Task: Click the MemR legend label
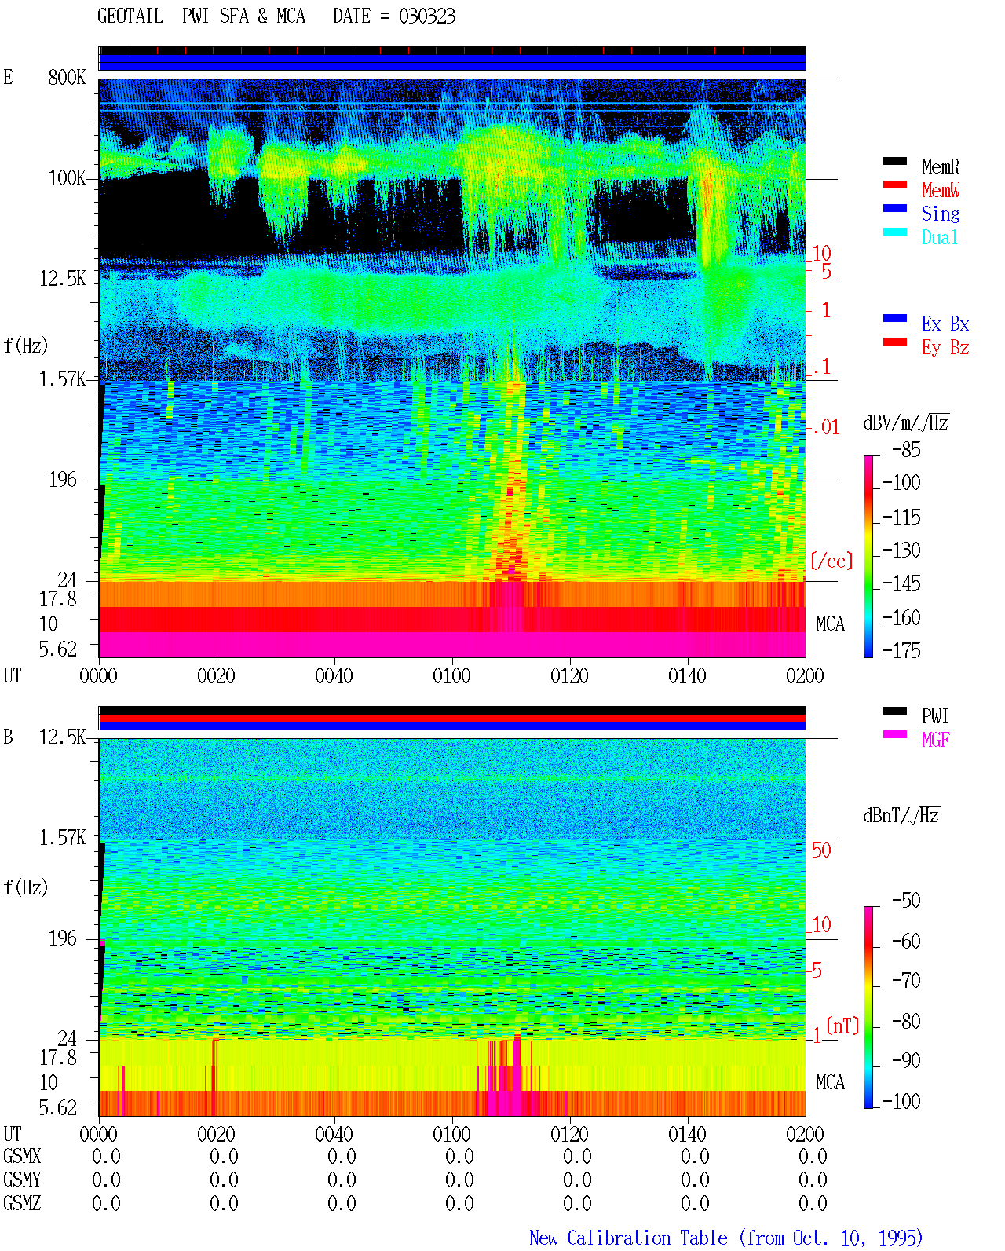pyautogui.click(x=940, y=166)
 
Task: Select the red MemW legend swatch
pyautogui.click(x=894, y=185)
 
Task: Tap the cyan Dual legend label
pyautogui.click(x=939, y=237)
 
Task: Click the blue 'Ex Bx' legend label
pyautogui.click(x=945, y=324)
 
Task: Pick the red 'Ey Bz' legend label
pyautogui.click(x=945, y=348)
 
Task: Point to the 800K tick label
pyautogui.click(x=67, y=77)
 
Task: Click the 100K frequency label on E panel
pyautogui.click(x=67, y=178)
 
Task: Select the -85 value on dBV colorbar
pyautogui.click(x=906, y=450)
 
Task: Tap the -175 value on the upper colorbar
pyautogui.click(x=901, y=650)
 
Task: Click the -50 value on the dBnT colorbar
pyautogui.click(x=906, y=901)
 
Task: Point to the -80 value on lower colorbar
pyautogui.click(x=906, y=1021)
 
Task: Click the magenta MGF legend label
pyautogui.click(x=935, y=740)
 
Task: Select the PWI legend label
pyautogui.click(x=934, y=716)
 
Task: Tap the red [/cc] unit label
pyautogui.click(x=831, y=561)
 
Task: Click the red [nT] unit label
pyautogui.click(x=842, y=1026)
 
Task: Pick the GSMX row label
pyautogui.click(x=22, y=1156)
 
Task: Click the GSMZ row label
pyautogui.click(x=22, y=1203)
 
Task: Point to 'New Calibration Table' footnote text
pyautogui.click(x=628, y=1238)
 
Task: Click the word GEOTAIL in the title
pyautogui.click(x=130, y=16)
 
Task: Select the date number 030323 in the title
pyautogui.click(x=427, y=16)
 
